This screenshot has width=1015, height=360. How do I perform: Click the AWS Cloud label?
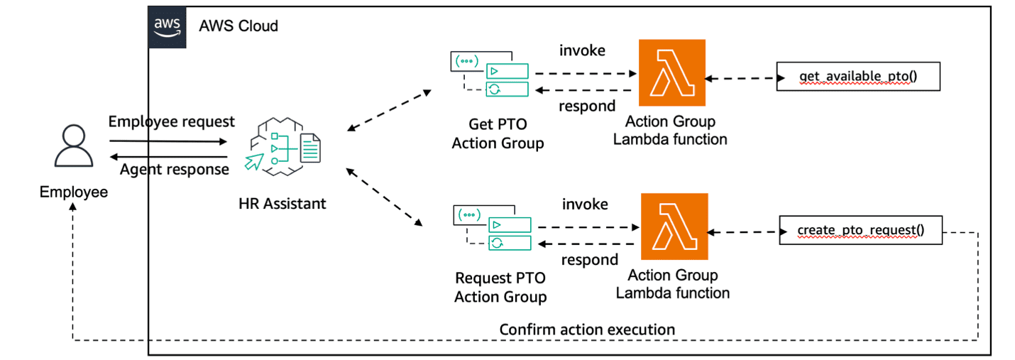click(x=238, y=26)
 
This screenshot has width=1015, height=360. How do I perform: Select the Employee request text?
click(x=171, y=122)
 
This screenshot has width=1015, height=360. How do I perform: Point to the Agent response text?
click(x=174, y=169)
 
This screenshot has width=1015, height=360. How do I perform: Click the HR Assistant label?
click(x=282, y=204)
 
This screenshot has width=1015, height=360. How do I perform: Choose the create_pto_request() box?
click(x=860, y=231)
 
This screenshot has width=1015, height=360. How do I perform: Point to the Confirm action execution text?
click(x=587, y=329)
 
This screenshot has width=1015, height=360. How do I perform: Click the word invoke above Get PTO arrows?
click(x=583, y=51)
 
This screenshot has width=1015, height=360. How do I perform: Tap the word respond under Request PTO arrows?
click(x=589, y=260)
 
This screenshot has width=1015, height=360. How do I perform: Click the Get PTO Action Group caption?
click(x=498, y=133)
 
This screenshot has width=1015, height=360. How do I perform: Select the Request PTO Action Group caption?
click(x=500, y=287)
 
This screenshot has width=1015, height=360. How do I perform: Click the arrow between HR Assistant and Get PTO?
click(x=389, y=111)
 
